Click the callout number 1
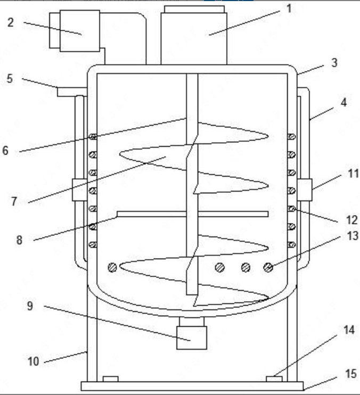(x=289, y=9)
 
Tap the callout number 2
(x=10, y=22)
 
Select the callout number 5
(x=10, y=79)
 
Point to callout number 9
(x=30, y=306)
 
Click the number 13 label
(x=353, y=236)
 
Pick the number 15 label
(x=350, y=374)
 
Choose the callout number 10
(x=33, y=361)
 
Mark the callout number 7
(x=14, y=201)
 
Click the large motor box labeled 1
(x=194, y=35)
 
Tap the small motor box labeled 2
(x=75, y=31)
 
